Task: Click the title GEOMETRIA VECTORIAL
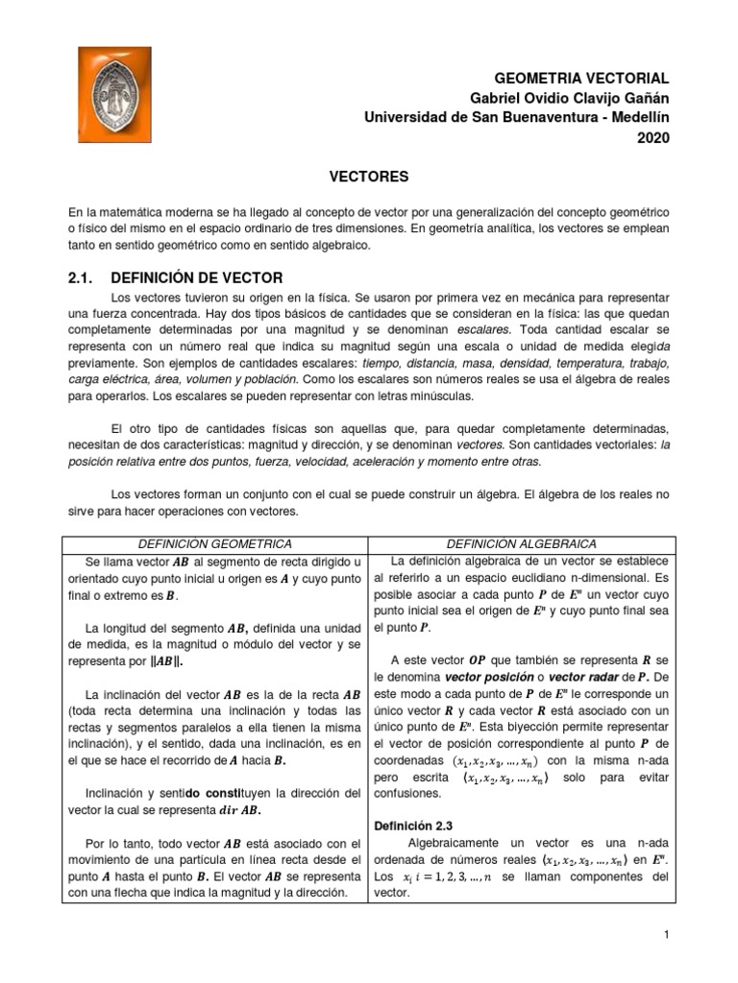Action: (x=581, y=78)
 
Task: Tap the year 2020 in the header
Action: (x=652, y=137)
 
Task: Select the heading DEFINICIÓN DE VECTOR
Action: (x=197, y=277)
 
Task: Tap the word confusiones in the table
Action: (x=406, y=793)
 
